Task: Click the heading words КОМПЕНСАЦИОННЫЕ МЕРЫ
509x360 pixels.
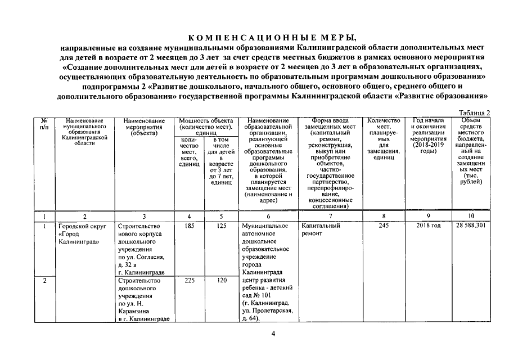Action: pyautogui.click(x=271, y=38)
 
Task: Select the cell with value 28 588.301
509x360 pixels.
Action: pyautogui.click(x=471, y=226)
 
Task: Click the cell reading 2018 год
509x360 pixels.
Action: pyautogui.click(x=429, y=226)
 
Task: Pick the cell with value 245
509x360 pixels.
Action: pyautogui.click(x=384, y=226)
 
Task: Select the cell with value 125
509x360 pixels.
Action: pyautogui.click(x=221, y=226)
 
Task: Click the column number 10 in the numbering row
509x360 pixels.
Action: pyautogui.click(x=471, y=215)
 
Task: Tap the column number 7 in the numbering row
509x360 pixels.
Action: pyautogui.click(x=329, y=215)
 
